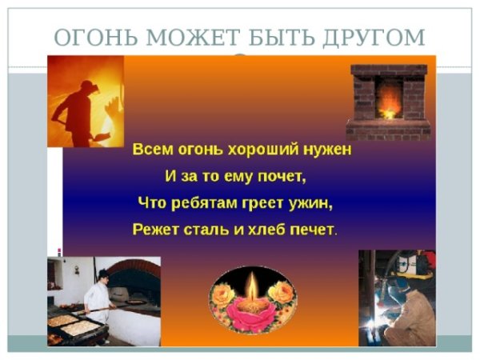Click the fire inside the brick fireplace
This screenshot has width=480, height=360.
(390, 104)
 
